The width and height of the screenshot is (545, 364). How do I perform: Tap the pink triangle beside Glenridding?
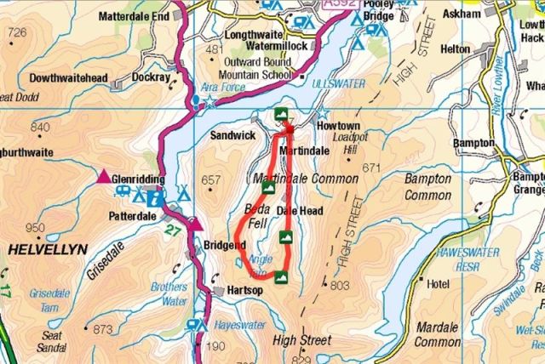point(104,177)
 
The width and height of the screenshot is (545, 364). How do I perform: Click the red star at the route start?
point(288,129)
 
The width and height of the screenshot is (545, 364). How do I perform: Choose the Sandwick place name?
point(233,134)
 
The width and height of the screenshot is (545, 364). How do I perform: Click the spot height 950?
point(35,227)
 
